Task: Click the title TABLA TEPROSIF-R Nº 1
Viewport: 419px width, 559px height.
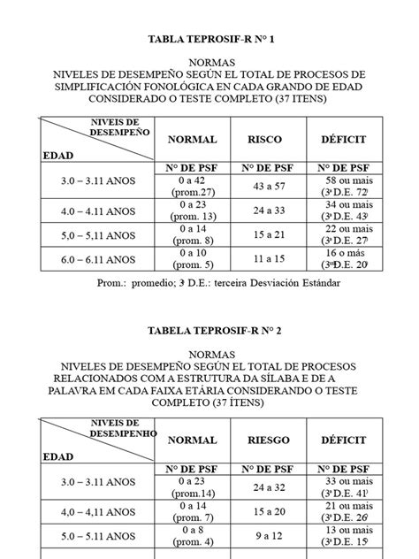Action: pos(209,40)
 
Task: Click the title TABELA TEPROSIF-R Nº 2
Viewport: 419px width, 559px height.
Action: pos(209,331)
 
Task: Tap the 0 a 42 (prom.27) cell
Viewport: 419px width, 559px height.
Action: pos(191,186)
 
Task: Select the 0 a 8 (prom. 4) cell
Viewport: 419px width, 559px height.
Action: pos(191,535)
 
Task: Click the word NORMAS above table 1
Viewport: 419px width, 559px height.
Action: pos(209,65)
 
